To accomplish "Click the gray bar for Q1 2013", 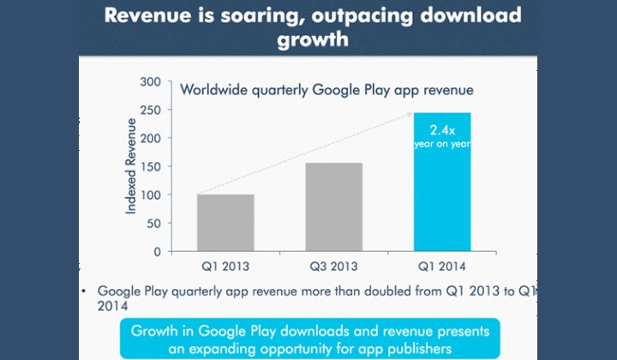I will coord(225,223).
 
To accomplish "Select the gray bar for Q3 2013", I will coord(332,207).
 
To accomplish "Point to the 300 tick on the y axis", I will coord(149,81).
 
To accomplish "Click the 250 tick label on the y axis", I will coord(149,110).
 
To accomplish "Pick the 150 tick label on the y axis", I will coord(149,166).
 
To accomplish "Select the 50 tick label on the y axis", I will coord(153,223).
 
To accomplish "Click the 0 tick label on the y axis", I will coord(157,252).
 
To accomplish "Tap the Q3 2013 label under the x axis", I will coord(332,267).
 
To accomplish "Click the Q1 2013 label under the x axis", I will coord(225,267).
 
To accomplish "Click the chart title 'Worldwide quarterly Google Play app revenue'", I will coord(326,87).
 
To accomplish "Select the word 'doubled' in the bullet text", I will coord(366,291).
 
